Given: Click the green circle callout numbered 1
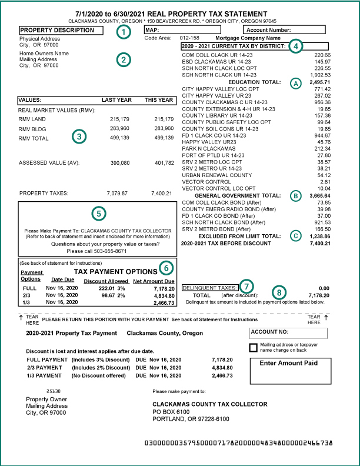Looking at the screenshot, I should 122,32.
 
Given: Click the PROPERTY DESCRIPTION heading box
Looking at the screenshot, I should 62,30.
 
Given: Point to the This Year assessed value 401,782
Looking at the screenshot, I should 162,162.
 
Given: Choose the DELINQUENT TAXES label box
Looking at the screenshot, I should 210,288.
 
